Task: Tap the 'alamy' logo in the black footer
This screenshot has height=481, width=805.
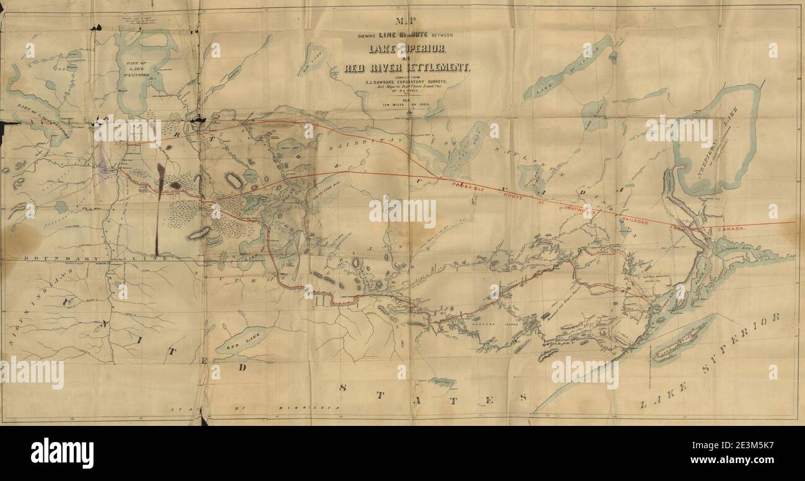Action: click(62, 453)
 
